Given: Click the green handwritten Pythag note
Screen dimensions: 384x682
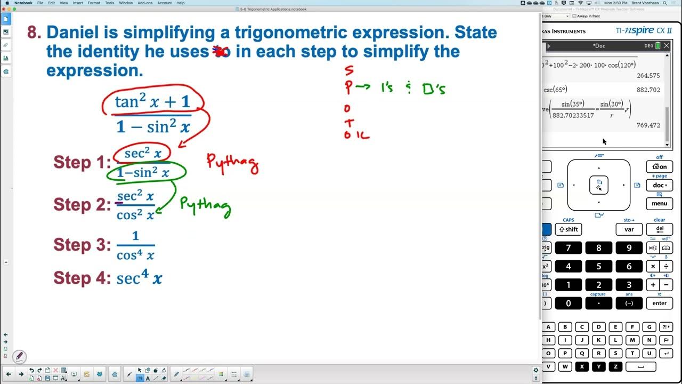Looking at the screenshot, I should [x=205, y=205].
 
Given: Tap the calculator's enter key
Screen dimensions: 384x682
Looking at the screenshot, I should [x=659, y=303].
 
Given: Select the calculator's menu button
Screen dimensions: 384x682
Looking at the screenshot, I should [x=659, y=203].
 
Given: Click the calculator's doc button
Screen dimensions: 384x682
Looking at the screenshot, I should [x=659, y=185].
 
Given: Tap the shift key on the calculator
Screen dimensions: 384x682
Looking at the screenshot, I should [x=568, y=229].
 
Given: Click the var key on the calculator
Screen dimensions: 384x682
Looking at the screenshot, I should [x=629, y=229].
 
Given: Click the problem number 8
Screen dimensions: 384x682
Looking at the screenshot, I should [x=34, y=33].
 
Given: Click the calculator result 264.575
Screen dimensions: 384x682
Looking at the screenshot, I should [x=648, y=76].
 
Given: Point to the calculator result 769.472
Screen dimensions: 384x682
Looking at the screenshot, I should [x=648, y=125].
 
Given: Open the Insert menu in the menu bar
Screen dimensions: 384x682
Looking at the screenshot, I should [x=77, y=3].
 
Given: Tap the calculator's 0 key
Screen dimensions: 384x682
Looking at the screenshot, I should [x=568, y=303].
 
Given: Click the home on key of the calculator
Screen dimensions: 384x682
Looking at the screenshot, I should [x=659, y=166].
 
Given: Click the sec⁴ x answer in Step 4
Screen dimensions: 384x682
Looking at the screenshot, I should [x=139, y=277].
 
